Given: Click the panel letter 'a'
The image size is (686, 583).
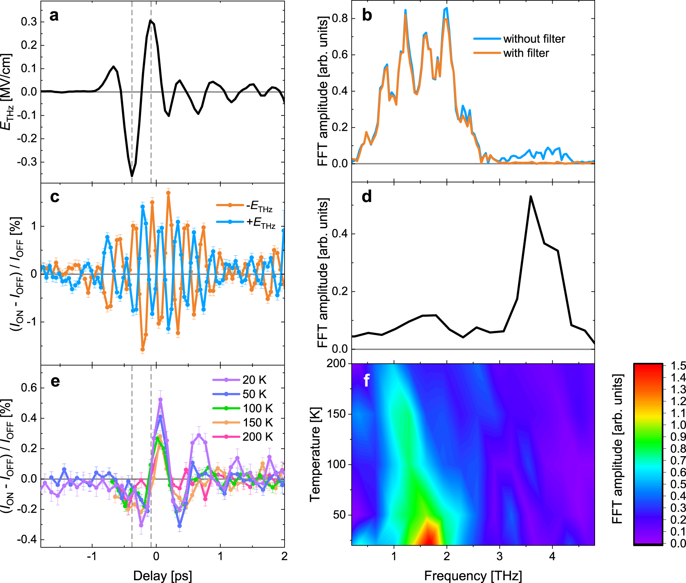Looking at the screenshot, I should [54, 16].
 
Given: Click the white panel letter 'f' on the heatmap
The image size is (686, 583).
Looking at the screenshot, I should [367, 380].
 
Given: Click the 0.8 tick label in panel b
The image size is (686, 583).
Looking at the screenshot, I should [340, 18].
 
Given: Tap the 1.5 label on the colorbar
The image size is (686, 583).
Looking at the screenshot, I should [678, 366].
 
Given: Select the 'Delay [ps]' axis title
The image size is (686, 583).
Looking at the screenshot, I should [162, 576].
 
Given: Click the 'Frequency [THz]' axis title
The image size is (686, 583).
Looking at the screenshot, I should [473, 576].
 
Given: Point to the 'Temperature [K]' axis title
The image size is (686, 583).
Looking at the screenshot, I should [315, 454].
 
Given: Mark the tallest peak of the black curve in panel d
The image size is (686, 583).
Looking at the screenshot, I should [530, 197].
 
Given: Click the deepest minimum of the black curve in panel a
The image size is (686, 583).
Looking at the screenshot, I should [132, 176].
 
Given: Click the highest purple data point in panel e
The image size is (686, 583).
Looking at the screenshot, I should [160, 400].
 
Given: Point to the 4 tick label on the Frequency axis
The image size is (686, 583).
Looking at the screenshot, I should [552, 556].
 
